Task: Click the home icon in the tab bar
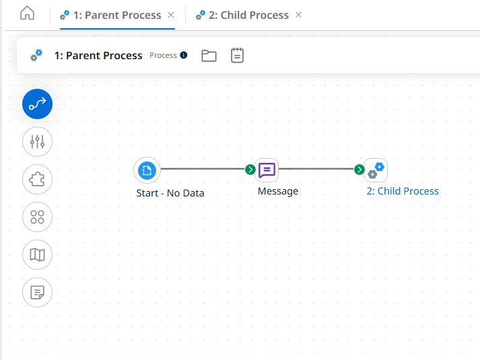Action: [27, 14]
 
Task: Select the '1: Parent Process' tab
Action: [116, 15]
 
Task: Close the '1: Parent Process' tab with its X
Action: [171, 15]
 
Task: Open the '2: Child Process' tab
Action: [248, 15]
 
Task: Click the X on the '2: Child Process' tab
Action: [299, 15]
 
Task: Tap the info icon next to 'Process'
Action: [184, 55]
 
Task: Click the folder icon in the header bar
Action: [209, 55]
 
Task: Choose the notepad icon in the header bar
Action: [237, 55]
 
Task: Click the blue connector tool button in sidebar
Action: [37, 104]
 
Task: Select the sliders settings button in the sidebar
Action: [37, 141]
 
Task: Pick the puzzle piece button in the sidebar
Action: [37, 179]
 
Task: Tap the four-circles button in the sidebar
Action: [37, 217]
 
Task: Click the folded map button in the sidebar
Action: [37, 254]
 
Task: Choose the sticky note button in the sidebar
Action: [37, 292]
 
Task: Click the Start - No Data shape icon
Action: [147, 170]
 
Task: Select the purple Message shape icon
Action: [267, 170]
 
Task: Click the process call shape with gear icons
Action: [376, 170]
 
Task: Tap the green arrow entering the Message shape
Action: [250, 170]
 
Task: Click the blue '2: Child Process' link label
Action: [403, 191]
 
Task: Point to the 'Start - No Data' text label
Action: [170, 193]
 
